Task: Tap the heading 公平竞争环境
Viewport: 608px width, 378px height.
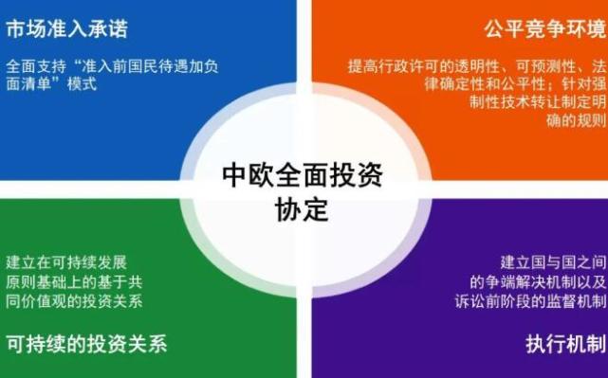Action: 542,29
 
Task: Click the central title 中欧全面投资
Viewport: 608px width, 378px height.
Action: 303,176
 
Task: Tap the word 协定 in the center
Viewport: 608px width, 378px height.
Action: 302,209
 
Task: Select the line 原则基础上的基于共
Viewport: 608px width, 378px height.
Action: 74,281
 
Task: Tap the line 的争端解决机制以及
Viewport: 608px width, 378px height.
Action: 537,281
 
